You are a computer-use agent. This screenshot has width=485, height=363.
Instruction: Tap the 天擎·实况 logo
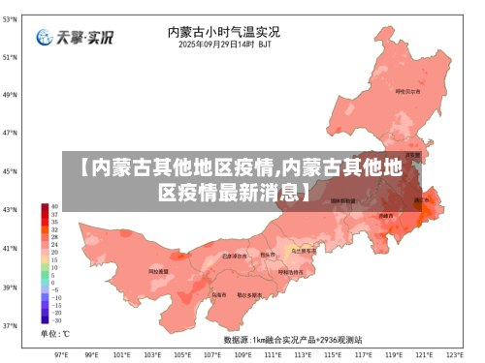[x=75, y=38]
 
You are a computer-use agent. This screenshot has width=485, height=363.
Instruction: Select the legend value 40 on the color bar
[x=54, y=206]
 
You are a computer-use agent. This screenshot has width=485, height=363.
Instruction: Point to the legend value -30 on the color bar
[x=55, y=320]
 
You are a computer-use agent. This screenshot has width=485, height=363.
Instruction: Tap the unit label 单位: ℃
[x=54, y=334]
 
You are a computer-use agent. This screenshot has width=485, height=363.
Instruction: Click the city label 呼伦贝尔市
[x=407, y=91]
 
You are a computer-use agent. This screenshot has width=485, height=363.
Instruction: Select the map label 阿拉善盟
[x=157, y=272]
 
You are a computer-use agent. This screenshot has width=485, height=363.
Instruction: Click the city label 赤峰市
[x=386, y=216]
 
